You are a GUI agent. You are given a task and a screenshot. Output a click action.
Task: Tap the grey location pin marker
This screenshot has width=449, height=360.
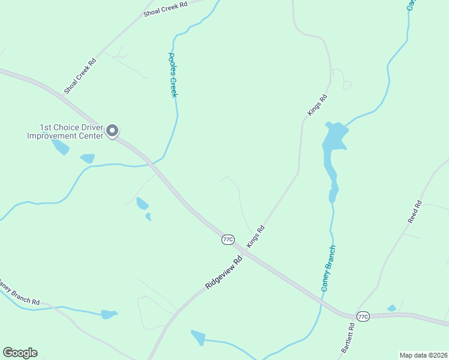[112, 130]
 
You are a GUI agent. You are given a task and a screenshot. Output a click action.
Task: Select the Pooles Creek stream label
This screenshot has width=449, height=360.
[173, 75]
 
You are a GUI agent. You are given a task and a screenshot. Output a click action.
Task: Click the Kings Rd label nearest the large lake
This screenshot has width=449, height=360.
[317, 105]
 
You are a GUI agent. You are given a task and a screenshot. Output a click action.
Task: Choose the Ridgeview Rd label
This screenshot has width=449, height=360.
[223, 271]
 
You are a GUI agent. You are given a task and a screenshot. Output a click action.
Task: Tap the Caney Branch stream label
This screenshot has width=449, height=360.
[328, 268]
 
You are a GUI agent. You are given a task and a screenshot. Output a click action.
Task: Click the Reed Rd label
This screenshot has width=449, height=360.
[415, 212]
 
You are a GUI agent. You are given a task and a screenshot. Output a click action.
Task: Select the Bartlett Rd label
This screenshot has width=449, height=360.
[348, 338]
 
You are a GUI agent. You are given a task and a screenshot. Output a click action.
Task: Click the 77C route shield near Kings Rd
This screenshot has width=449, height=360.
[228, 239]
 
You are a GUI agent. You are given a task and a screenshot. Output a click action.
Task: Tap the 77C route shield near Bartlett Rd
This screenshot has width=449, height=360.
[363, 316]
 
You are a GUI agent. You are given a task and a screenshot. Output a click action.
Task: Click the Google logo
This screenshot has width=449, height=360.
[20, 352]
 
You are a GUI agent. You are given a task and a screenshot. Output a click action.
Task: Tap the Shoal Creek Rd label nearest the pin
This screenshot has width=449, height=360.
[80, 76]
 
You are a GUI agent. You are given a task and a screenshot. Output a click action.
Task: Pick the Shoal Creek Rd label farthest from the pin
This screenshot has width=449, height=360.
[166, 9]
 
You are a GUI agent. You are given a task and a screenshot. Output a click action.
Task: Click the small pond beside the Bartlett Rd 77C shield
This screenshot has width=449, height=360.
[391, 308]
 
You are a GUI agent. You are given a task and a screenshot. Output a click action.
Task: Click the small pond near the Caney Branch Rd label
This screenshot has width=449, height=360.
[109, 314]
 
